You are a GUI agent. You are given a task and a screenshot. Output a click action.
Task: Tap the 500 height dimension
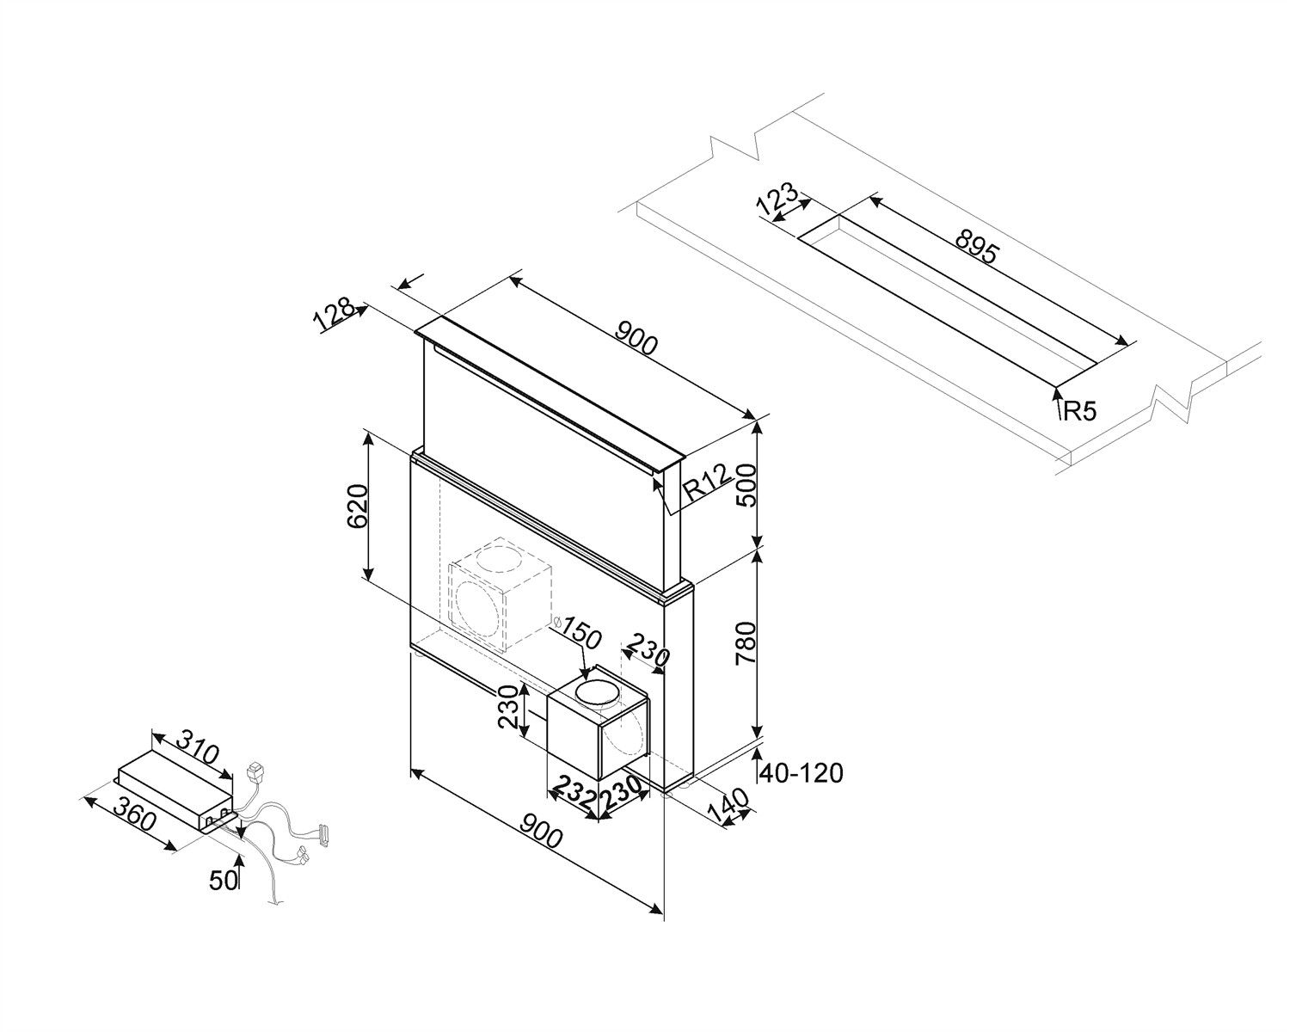pos(744,486)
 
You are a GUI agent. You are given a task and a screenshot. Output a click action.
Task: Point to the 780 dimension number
pos(746,640)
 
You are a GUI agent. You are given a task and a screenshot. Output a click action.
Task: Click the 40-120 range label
pos(800,773)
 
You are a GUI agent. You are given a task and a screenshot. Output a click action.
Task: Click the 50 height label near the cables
pos(223,880)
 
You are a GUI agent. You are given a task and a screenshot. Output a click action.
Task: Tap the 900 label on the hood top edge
pos(637,339)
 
